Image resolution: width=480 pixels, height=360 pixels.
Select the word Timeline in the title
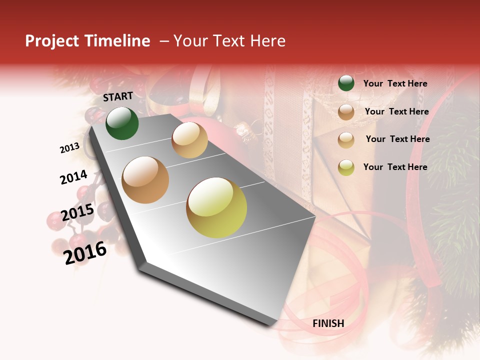coord(116,41)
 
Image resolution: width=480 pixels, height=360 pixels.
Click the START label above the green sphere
coord(118,96)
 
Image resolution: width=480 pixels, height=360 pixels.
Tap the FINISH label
coord(328,323)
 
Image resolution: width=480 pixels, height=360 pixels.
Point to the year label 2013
coord(69,148)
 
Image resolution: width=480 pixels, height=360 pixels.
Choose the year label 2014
coord(74,177)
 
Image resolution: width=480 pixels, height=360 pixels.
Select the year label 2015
coord(77,212)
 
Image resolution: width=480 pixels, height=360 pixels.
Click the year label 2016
coord(85,252)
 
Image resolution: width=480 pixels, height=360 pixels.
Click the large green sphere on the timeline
coord(122,123)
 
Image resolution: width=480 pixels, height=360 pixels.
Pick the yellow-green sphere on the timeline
coord(216,207)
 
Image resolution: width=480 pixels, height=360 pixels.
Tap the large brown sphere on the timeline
coord(145,180)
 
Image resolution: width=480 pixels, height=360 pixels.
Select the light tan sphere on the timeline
coord(189,140)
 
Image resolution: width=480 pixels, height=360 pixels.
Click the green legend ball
coord(346,83)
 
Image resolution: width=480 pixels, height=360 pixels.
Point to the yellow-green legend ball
coord(346,167)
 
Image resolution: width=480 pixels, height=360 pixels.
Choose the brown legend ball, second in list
coord(346,111)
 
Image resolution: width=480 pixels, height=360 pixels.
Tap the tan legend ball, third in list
coord(346,139)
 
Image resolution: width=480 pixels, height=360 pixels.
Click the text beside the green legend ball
coord(395,83)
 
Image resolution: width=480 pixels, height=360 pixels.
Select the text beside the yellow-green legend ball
coord(395,167)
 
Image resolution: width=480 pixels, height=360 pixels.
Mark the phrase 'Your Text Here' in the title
coord(229,41)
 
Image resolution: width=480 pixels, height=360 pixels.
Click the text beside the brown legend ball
coord(396,111)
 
